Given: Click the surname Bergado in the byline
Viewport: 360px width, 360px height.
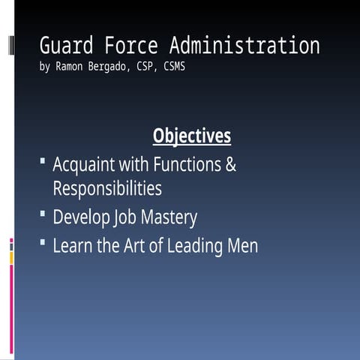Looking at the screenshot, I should pos(114,67).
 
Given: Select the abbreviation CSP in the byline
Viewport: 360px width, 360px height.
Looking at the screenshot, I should pos(151,67).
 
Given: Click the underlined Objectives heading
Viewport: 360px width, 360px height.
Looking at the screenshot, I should pos(192,136).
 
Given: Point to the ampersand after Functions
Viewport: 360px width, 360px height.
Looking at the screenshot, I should pos(230,164).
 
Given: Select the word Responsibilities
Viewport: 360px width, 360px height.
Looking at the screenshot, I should pos(107,187).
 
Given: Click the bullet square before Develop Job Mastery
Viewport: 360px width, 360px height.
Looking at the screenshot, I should pos(43,215).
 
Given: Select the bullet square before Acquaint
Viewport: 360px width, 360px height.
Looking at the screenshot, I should pos(43,161).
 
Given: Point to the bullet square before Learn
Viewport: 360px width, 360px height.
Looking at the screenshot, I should pos(43,243).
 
